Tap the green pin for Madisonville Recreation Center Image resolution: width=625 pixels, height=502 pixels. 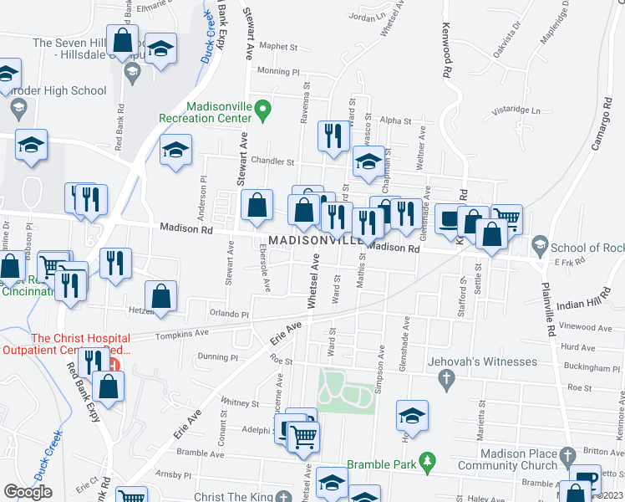(262, 110)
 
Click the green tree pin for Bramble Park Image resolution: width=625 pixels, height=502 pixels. (428, 460)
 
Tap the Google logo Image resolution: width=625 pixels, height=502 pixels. (28, 491)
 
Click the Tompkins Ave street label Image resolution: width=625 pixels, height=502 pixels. (180, 334)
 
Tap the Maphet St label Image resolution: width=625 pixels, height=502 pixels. (278, 48)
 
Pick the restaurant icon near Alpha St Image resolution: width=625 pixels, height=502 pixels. (334, 136)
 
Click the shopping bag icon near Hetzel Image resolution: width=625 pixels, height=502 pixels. (160, 295)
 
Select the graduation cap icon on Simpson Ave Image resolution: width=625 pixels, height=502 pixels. (412, 416)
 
